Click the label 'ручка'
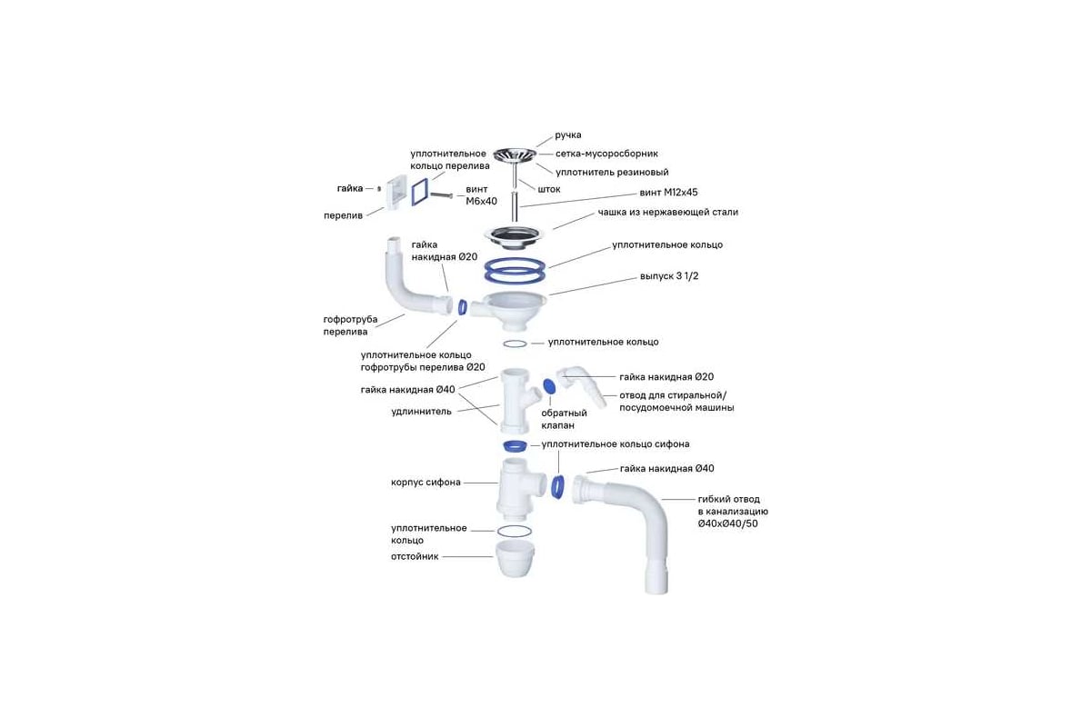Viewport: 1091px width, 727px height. (568, 134)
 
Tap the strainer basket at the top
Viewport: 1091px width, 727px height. (515, 155)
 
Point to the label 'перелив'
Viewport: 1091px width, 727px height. (344, 215)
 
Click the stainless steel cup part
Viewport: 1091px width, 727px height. (515, 235)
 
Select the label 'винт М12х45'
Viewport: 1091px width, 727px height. (668, 193)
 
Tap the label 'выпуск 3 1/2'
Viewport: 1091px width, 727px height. (669, 276)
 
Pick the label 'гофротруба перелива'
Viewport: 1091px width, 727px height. (351, 325)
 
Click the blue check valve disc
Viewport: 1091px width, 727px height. (548, 386)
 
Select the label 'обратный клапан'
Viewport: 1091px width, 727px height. (564, 419)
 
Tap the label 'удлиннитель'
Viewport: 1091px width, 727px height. (421, 412)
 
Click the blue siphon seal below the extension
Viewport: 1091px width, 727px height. (515, 445)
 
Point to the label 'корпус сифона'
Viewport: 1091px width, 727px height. (425, 483)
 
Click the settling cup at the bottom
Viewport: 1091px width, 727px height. (515, 558)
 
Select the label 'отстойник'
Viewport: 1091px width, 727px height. (415, 556)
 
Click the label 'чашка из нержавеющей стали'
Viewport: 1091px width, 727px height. (667, 213)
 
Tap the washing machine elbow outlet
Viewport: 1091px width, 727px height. (582, 387)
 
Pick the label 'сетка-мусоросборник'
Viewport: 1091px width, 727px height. (607, 154)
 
